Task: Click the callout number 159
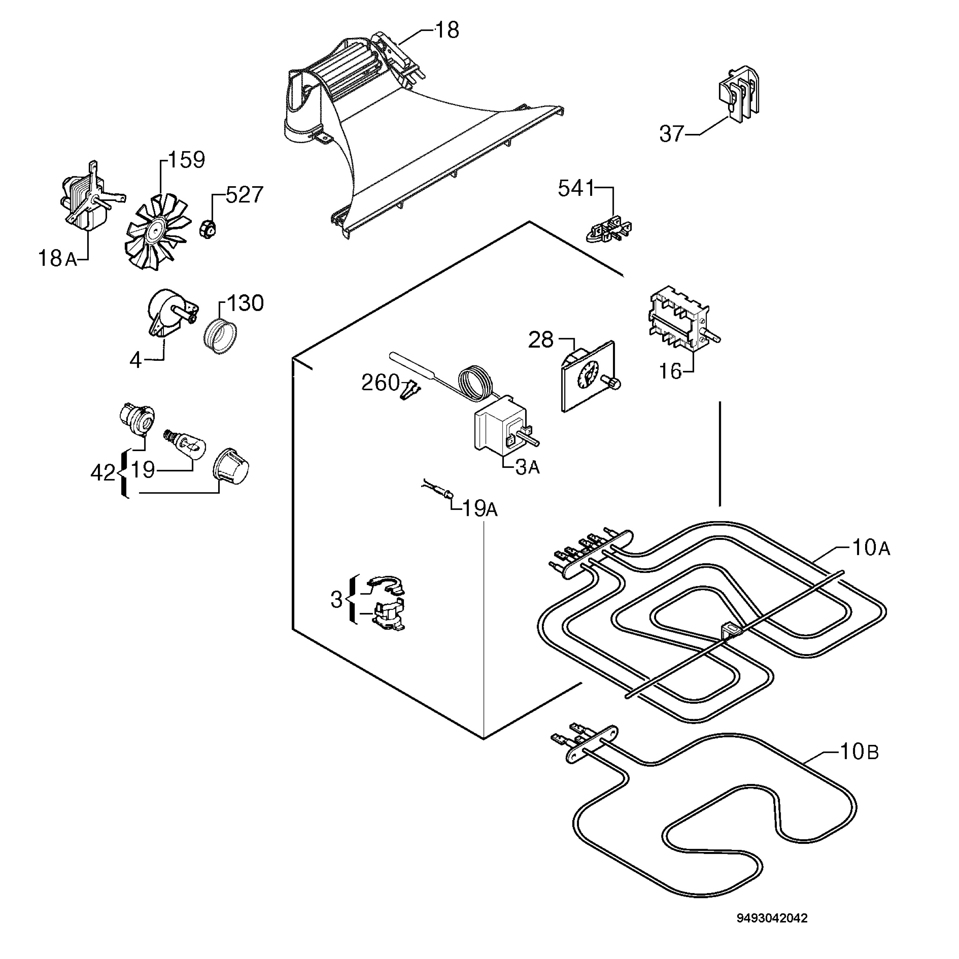click(x=187, y=160)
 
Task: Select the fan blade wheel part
click(x=158, y=231)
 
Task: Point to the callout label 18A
click(x=58, y=259)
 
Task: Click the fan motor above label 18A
click(x=90, y=197)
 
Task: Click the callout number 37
click(x=672, y=134)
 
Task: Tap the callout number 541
click(x=576, y=189)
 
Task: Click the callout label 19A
click(x=480, y=508)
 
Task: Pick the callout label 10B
click(x=859, y=752)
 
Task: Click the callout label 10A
click(x=871, y=547)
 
